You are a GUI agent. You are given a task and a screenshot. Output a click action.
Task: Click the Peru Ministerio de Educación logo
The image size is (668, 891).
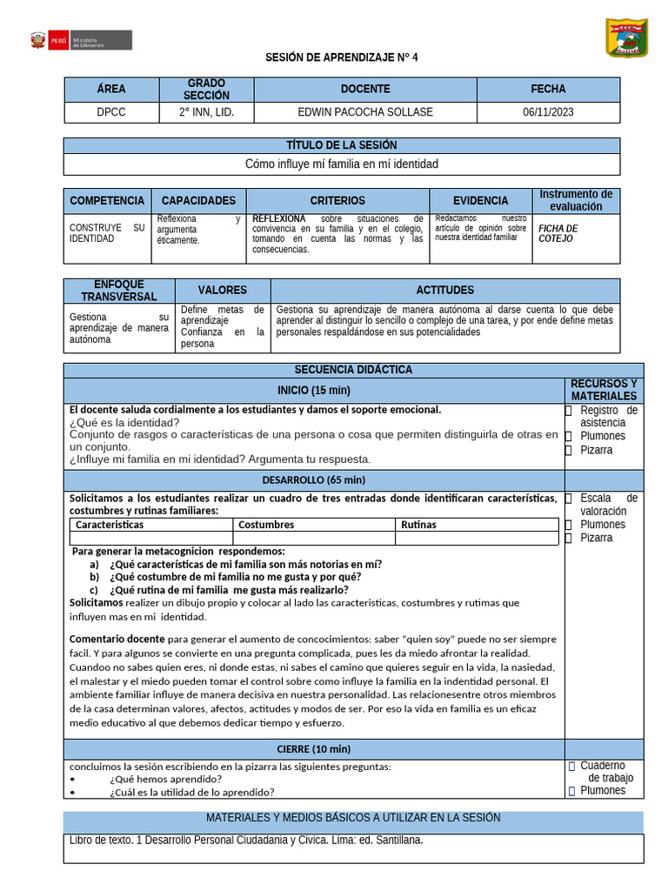click(x=81, y=41)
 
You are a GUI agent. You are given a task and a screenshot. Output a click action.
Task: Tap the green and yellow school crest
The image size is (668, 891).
click(x=626, y=38)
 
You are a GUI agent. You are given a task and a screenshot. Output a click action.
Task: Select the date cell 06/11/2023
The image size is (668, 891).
click(x=548, y=112)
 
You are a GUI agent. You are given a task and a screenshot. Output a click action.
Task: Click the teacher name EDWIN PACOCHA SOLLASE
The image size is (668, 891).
click(x=365, y=112)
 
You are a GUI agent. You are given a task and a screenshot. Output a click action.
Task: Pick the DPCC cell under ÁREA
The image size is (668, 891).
click(x=111, y=112)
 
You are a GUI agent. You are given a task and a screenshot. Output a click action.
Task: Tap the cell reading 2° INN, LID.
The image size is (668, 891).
click(x=206, y=112)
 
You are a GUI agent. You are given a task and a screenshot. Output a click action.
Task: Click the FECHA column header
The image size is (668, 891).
click(x=548, y=89)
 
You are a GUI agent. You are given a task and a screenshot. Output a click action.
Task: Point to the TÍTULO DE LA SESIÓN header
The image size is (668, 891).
click(x=342, y=145)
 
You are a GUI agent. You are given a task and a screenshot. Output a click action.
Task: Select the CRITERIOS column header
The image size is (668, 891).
click(x=337, y=201)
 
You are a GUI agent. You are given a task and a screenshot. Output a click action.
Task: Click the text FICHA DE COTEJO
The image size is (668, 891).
click(x=558, y=233)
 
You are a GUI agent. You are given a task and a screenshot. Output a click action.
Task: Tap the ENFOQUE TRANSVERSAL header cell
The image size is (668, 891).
click(x=119, y=291)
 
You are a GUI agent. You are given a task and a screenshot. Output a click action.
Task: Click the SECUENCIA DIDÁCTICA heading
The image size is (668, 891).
click(x=353, y=370)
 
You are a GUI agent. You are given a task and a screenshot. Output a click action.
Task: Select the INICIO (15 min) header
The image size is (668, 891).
click(x=314, y=390)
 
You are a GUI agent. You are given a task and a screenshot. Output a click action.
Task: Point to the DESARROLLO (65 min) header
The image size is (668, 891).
click(x=314, y=479)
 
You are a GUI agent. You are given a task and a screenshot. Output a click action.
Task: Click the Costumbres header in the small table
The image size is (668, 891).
click(x=266, y=525)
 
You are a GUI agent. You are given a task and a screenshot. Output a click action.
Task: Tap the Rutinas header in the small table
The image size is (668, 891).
click(x=418, y=525)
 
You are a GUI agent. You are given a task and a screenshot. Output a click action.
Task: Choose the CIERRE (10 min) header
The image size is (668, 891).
click(x=314, y=748)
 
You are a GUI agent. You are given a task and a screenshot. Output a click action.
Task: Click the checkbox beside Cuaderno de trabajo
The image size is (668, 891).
click(x=571, y=767)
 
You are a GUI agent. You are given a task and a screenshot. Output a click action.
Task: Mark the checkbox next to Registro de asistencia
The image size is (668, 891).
click(x=568, y=411)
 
